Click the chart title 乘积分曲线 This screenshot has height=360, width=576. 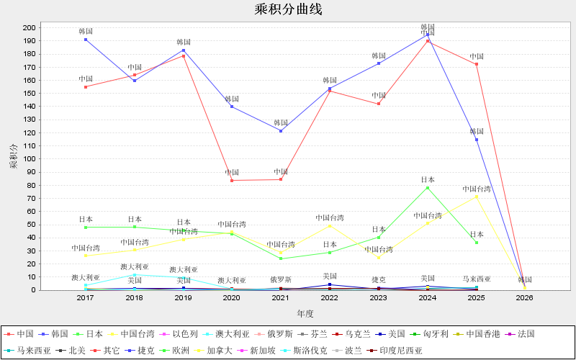pyautogui.click(x=288, y=9)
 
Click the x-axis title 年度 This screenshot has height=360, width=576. pyautogui.click(x=305, y=313)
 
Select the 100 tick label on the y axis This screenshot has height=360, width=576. pyautogui.click(x=29, y=158)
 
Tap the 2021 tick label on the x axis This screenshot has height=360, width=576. pyautogui.click(x=281, y=297)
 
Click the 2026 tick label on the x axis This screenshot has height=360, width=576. pyautogui.click(x=524, y=297)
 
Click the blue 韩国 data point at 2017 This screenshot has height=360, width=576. pyautogui.click(x=86, y=39)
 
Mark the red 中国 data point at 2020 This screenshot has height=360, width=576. pyautogui.click(x=232, y=180)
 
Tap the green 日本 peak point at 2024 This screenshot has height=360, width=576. pyautogui.click(x=428, y=188)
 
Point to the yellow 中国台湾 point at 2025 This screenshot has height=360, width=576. pyautogui.click(x=477, y=197)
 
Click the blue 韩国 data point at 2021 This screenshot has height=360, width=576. pyautogui.click(x=281, y=130)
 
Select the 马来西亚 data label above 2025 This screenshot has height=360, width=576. pyautogui.click(x=477, y=279)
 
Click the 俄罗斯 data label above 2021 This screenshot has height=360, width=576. pyautogui.click(x=281, y=279)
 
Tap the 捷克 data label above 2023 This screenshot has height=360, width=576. pyautogui.click(x=379, y=279)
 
